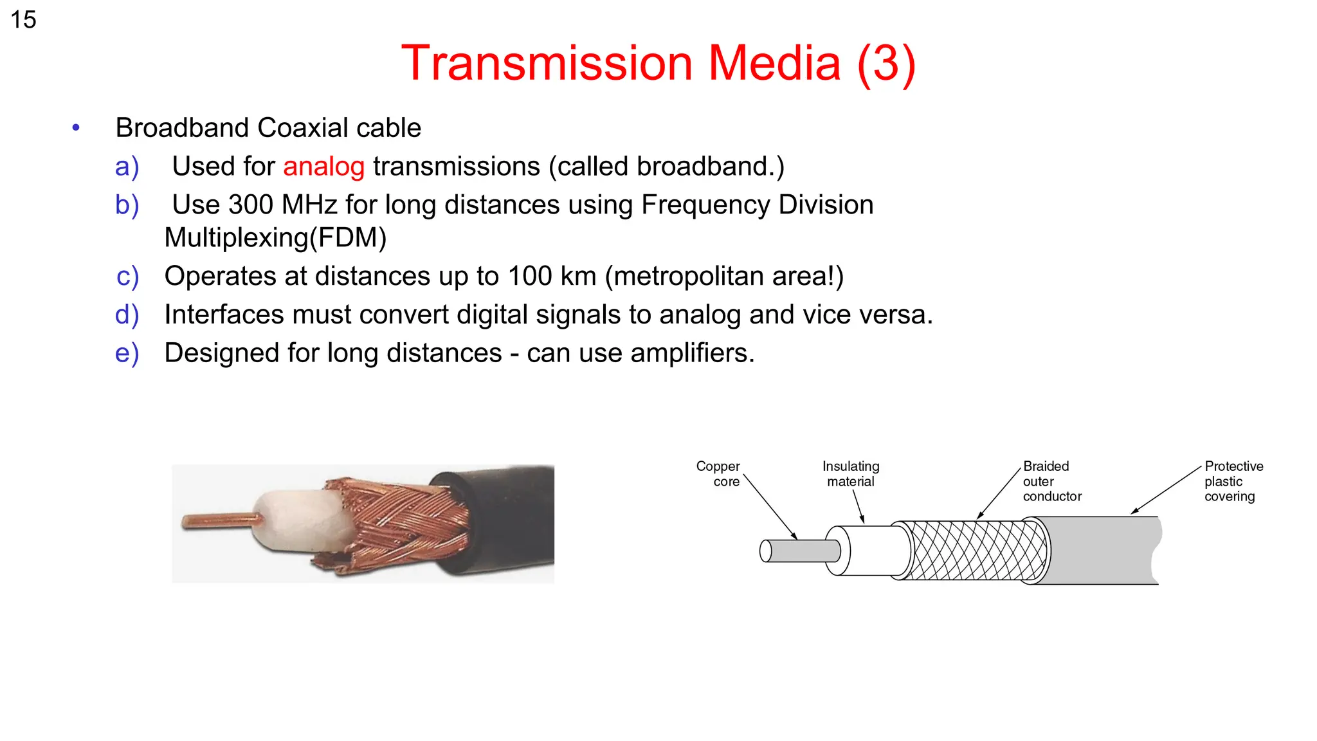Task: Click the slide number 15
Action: click(23, 20)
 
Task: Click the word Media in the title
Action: click(774, 63)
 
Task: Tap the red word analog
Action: click(323, 167)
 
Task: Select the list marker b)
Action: click(127, 205)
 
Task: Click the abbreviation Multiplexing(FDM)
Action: click(275, 238)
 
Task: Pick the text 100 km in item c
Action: click(551, 276)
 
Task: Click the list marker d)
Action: click(127, 315)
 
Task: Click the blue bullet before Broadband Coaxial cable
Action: click(76, 128)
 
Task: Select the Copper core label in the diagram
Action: click(718, 473)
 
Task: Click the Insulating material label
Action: click(850, 473)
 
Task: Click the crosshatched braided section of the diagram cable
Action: click(977, 551)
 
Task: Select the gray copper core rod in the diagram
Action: click(801, 551)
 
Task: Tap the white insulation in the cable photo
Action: click(296, 521)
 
